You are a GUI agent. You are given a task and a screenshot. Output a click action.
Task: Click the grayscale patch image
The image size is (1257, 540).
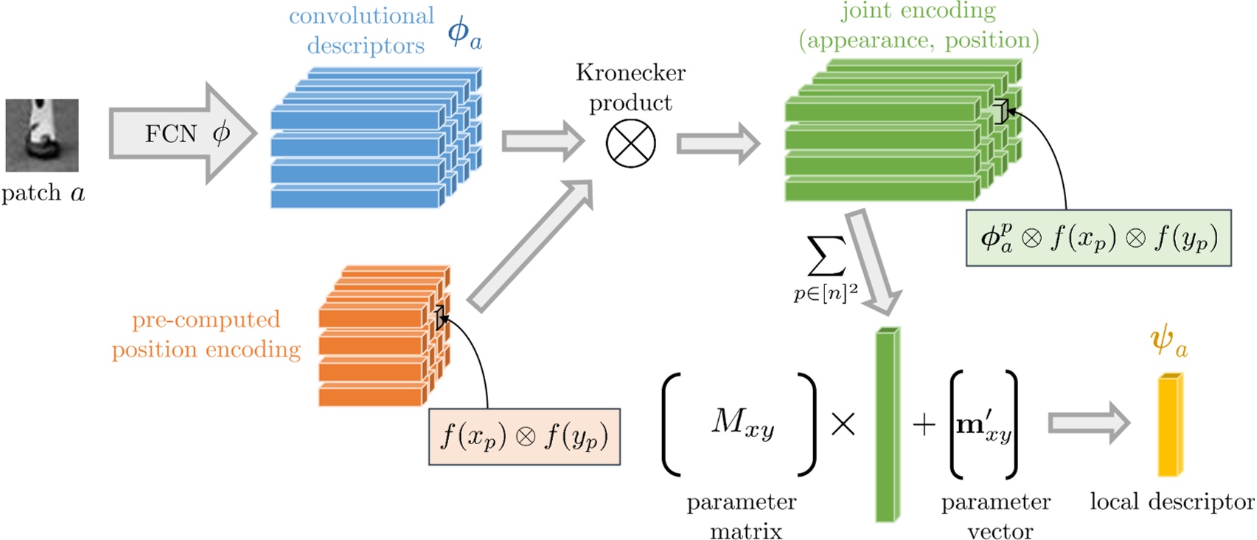(x=42, y=136)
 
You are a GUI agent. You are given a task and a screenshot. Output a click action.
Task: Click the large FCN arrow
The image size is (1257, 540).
(x=181, y=133)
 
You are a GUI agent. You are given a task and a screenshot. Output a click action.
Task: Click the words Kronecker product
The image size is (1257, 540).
(x=630, y=87)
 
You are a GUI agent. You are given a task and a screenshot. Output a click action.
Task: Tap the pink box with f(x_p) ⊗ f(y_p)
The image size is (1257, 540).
(x=524, y=437)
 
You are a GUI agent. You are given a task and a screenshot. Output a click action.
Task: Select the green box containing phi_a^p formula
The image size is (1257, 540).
(x=1098, y=238)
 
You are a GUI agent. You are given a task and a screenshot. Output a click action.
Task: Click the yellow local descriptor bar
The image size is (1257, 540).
(x=1169, y=425)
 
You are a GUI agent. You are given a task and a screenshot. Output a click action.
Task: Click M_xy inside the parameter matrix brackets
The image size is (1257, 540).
(x=742, y=423)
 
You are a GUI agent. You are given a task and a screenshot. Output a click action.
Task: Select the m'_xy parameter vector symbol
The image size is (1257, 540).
(x=983, y=425)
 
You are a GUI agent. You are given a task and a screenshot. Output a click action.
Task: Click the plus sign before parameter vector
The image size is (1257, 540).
(x=924, y=425)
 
